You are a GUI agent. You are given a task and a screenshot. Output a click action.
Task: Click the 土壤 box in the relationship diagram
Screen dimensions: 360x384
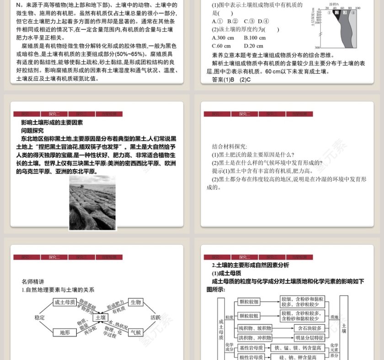click(x=101, y=317)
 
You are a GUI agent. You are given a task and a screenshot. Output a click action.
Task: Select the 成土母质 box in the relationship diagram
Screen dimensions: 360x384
click(x=64, y=302)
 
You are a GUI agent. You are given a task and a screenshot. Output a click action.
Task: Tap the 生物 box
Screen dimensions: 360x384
click(x=136, y=302)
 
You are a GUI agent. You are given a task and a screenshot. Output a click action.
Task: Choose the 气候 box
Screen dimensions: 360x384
click(x=136, y=333)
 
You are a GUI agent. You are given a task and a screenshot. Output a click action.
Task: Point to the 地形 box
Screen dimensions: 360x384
click(x=64, y=333)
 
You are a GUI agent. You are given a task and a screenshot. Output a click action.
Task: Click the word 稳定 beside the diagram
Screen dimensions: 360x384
click(x=40, y=317)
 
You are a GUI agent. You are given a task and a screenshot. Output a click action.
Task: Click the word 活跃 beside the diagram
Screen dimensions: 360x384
click(x=156, y=317)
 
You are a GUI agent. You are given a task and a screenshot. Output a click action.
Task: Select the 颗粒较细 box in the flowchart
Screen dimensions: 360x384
click(x=249, y=302)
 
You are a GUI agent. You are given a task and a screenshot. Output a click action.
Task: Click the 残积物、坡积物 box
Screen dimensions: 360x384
click(x=255, y=328)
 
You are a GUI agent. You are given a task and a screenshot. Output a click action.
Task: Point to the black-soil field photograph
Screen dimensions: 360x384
click(x=92, y=203)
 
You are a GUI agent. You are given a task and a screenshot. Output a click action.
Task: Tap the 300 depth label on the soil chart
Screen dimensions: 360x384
click(x=317, y=48)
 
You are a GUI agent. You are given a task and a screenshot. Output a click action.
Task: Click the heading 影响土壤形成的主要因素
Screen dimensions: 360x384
click(x=52, y=122)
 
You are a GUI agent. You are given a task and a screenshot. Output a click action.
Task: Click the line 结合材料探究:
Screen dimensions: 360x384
click(x=229, y=147)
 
